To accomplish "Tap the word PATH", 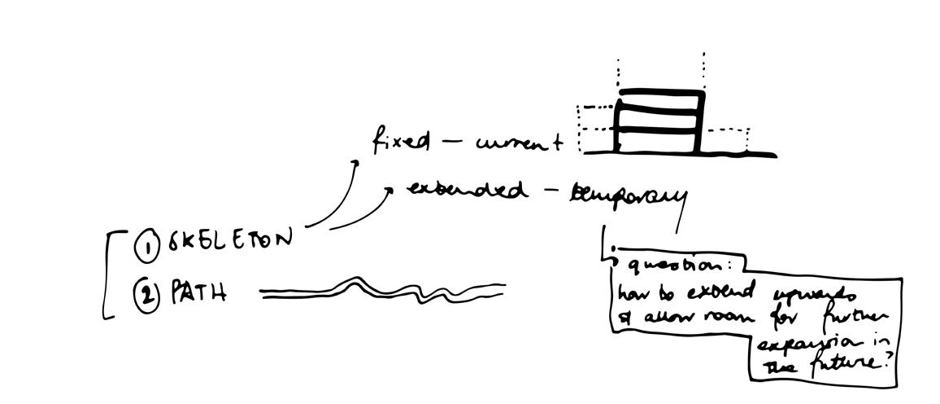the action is point(198,292).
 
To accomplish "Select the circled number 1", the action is point(147,248).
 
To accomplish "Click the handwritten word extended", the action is point(465,190).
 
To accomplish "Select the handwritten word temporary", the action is point(628,195).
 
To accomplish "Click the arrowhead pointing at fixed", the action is point(355,163).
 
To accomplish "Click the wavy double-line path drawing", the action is point(382,290).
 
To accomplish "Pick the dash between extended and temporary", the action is point(553,192).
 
